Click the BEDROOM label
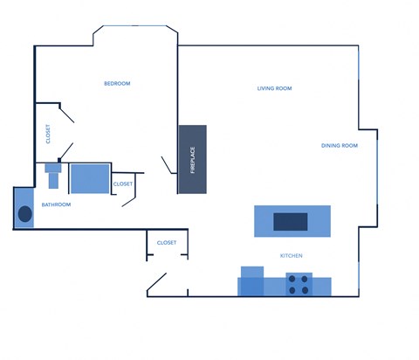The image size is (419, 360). coord(117,84)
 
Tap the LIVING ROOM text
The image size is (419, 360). coord(274,89)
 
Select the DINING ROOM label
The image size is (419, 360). coord(340,146)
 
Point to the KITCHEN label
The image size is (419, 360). coord(291,256)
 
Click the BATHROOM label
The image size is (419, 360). coord(56,204)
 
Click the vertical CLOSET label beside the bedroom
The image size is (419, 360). coord(48,135)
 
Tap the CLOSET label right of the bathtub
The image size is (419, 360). coord(123,184)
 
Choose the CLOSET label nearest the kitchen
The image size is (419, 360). coord(167,243)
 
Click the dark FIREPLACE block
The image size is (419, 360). coord(193,160)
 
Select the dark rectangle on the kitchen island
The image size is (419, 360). coord(291,222)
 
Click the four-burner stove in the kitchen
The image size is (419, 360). coord(299,283)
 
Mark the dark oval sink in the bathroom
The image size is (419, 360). coord(24,215)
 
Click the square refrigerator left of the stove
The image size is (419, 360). coord(252,281)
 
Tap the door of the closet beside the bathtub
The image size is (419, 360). coord(128,198)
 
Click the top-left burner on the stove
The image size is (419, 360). coord(293,278)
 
